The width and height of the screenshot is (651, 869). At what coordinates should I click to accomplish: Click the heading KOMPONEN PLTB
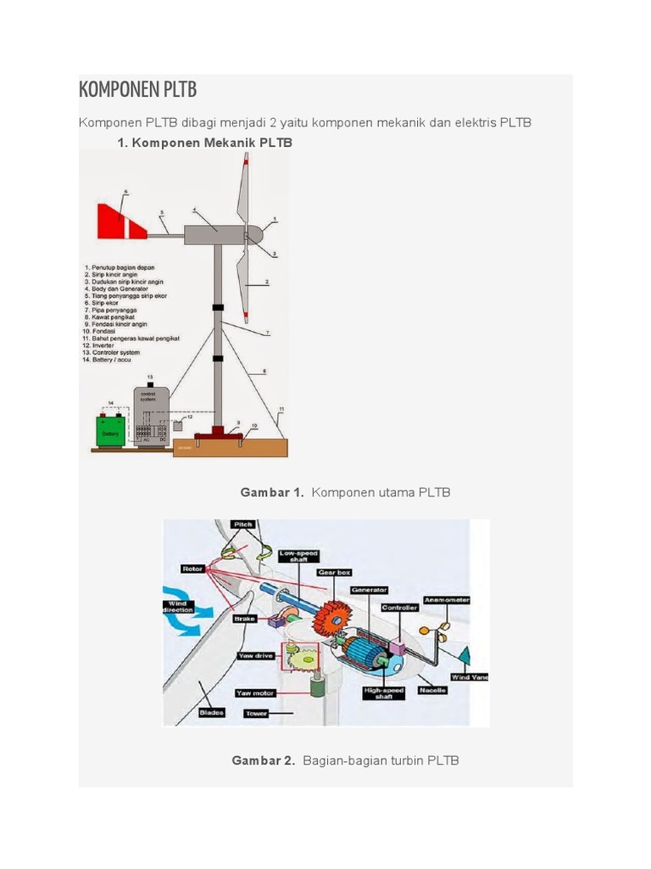click(x=137, y=90)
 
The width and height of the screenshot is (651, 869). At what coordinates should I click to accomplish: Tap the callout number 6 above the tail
click(x=125, y=193)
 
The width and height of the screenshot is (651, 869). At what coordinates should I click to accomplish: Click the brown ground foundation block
click(x=229, y=447)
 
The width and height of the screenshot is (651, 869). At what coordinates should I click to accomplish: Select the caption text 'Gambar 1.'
click(x=271, y=492)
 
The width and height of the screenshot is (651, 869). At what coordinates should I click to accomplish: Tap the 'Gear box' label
click(x=333, y=573)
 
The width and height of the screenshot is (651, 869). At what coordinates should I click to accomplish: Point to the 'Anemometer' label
click(x=446, y=599)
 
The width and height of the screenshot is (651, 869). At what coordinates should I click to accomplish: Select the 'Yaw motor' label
click(x=255, y=692)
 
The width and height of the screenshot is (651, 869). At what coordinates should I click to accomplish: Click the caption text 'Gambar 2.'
click(x=263, y=760)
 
